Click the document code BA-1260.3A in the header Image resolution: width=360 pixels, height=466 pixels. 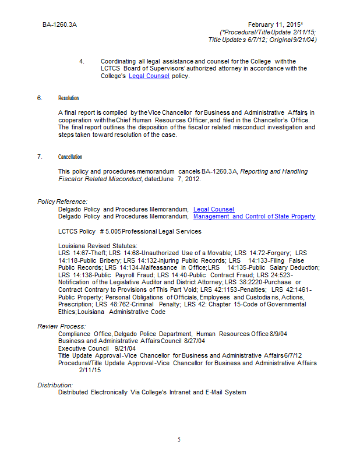tap(59, 25)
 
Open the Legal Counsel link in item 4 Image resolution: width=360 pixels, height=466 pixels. tap(149, 76)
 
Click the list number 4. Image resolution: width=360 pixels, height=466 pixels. tap(82, 61)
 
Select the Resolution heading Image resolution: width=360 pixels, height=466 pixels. tap(69, 98)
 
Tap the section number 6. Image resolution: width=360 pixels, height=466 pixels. tap(40, 98)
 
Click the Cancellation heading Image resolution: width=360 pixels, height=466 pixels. tap(70, 157)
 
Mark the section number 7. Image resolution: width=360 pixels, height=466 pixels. tap(40, 157)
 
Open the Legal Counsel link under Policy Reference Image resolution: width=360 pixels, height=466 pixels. tap(214, 209)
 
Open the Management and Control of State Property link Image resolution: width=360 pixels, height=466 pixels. tap(254, 216)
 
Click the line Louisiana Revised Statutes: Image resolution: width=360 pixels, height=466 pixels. tap(98, 246)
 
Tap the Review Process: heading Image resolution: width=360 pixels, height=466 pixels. tap(62, 326)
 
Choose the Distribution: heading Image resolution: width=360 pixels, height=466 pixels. tap(55, 385)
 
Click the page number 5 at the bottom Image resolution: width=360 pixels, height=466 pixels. tap(179, 440)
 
